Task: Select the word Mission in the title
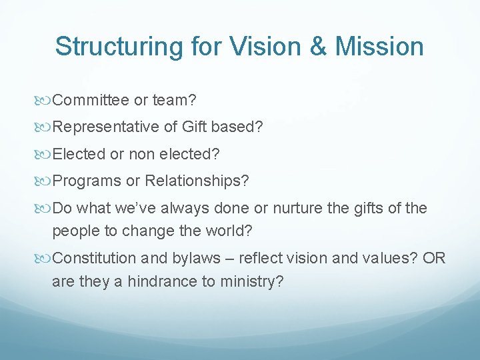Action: point(379,47)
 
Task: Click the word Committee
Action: point(91,100)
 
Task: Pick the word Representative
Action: point(107,127)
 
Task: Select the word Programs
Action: point(85,181)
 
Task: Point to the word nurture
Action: point(298,208)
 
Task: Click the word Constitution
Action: point(92,259)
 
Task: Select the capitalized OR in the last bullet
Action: point(433,259)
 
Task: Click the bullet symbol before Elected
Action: point(45,154)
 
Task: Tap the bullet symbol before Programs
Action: point(45,181)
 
